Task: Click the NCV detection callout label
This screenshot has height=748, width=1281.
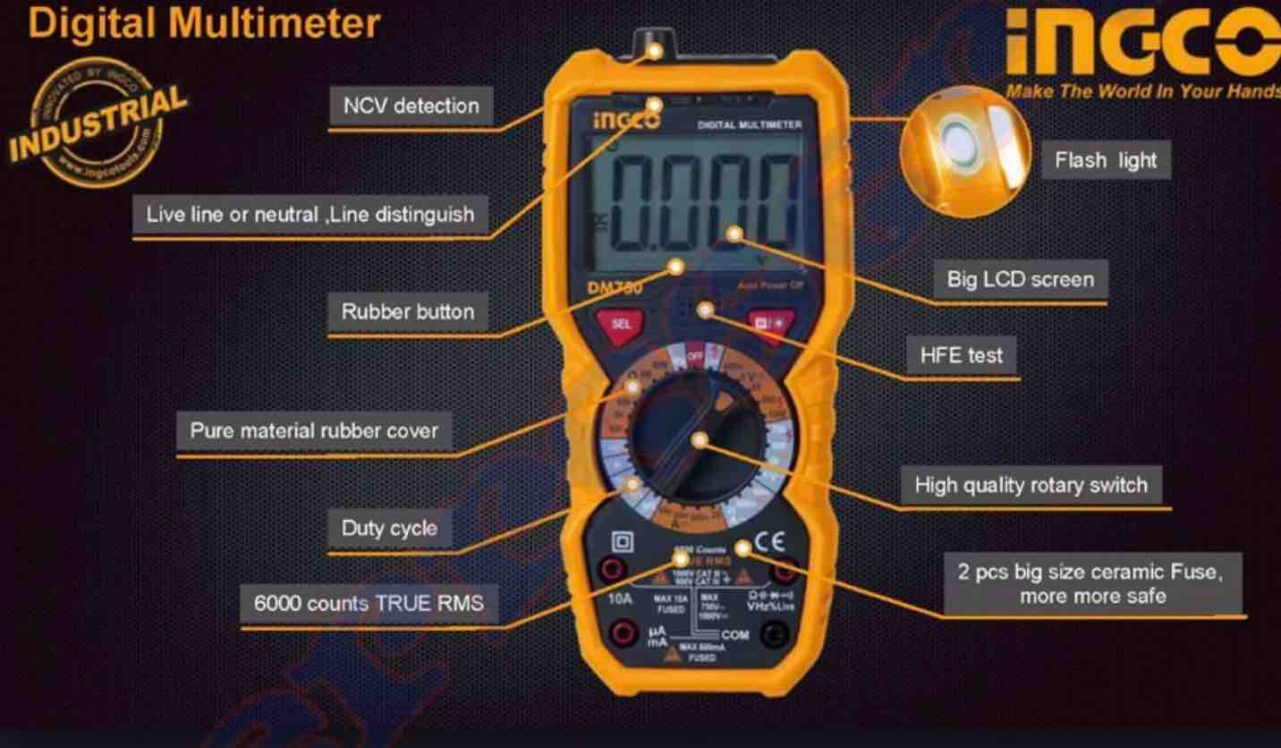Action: [411, 106]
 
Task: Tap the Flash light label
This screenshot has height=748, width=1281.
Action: [1106, 160]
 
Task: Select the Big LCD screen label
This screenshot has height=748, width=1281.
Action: [1020, 279]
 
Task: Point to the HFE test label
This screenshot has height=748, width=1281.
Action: [962, 354]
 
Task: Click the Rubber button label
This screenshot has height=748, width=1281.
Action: [408, 311]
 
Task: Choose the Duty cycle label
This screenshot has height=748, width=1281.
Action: [389, 528]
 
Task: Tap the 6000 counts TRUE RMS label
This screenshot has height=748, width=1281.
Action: [369, 603]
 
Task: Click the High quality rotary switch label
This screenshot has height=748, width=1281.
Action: [1031, 485]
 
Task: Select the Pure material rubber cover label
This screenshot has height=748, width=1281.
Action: [314, 430]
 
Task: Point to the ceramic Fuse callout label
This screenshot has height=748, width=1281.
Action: [1092, 583]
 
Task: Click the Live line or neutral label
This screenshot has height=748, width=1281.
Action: [310, 215]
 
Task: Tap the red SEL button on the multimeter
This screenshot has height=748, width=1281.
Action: [620, 324]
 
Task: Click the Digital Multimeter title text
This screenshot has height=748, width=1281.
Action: [204, 22]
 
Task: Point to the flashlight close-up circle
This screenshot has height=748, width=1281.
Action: [964, 150]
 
